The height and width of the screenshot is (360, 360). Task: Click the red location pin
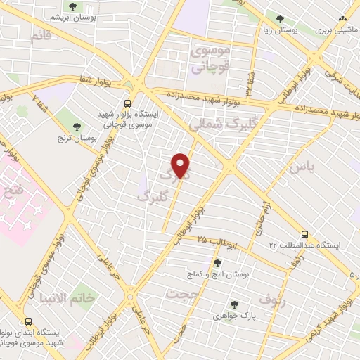point(181,165)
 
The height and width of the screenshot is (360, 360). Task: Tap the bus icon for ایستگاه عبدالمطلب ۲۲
point(304,234)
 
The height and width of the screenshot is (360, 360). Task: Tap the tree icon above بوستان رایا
point(280,19)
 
